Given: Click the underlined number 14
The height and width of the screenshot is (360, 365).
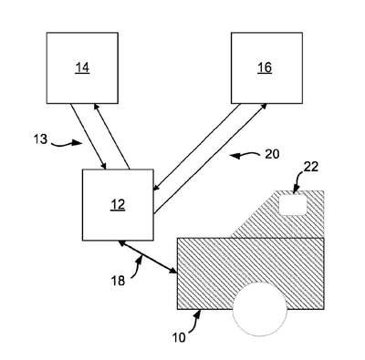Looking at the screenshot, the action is pos(82,68).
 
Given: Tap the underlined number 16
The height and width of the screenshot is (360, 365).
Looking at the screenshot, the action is pos(265,68).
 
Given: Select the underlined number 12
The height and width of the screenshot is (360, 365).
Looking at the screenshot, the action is pos(118,205).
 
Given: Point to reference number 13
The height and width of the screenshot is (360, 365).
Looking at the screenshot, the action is pos(40,139).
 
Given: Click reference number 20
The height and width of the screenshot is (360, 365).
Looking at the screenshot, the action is pos(272,154).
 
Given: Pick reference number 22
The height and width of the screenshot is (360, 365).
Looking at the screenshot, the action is pos(310,167).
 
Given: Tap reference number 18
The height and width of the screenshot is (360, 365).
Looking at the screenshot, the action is pos(118,281).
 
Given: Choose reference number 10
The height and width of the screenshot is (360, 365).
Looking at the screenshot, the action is pos(179,337).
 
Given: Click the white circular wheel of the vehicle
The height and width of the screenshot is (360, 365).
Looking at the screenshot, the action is pos(260,309).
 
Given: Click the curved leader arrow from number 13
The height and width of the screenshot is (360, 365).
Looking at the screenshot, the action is pos(65,144).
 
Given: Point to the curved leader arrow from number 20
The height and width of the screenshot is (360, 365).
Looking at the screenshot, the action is pos(245,156).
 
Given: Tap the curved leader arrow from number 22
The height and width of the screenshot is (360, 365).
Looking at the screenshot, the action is pos(297,180).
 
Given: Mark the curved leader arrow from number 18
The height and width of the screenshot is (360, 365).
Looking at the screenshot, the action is pos(138,266).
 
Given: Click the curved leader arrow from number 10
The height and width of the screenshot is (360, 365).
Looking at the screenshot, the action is pos(194,322).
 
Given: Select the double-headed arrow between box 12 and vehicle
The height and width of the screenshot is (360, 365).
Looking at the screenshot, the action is pos(148,257).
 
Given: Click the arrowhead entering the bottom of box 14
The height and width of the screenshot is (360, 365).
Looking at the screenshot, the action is pos(96,107).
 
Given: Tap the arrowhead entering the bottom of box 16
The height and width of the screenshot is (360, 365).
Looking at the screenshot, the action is pos(264,107).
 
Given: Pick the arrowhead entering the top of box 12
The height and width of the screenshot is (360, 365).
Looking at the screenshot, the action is pos(104,166).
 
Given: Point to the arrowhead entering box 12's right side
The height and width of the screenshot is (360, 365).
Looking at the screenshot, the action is pos(157,187).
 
